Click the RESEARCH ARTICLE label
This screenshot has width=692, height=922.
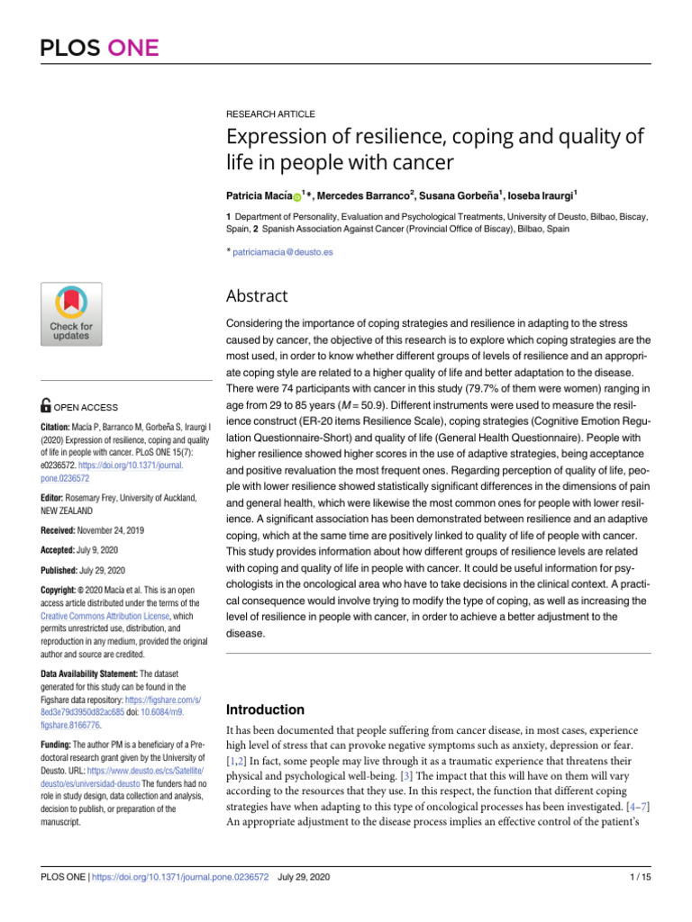point(270,115)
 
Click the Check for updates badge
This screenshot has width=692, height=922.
point(71,313)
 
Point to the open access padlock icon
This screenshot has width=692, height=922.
point(46,407)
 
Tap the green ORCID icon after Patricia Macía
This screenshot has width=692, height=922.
point(297,196)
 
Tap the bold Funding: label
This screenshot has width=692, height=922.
point(56,746)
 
